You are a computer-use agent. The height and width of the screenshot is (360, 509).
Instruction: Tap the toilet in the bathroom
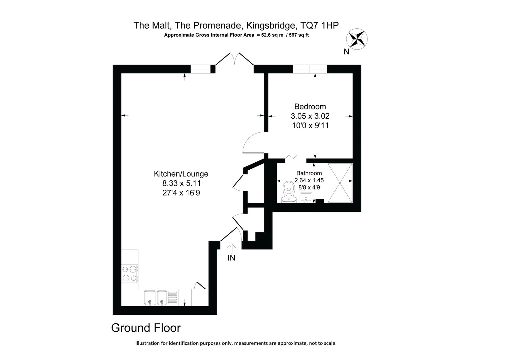(x=289, y=192)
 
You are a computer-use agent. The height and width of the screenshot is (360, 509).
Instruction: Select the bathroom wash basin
(x=306, y=197)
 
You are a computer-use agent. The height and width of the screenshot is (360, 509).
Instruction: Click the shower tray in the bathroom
(x=340, y=183)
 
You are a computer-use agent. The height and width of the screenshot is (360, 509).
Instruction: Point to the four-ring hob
(x=129, y=274)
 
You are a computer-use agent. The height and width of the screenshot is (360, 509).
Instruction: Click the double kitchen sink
(x=156, y=298)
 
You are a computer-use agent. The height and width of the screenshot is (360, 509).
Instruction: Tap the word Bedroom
(x=310, y=106)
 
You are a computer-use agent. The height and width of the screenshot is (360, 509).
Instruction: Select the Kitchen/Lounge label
(x=181, y=174)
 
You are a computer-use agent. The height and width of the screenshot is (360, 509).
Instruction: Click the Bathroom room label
(x=309, y=173)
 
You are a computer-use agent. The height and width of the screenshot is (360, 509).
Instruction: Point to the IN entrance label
(x=231, y=258)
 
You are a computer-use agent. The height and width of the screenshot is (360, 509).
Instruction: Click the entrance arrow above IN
(x=232, y=249)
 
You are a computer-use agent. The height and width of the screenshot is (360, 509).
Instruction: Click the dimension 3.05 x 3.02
(x=310, y=116)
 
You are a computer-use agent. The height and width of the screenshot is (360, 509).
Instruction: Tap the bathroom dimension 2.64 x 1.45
(x=309, y=180)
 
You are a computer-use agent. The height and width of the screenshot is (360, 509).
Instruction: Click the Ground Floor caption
(x=146, y=328)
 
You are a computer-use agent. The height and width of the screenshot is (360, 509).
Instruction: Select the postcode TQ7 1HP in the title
(x=319, y=25)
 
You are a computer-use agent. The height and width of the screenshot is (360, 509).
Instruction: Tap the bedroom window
(x=310, y=69)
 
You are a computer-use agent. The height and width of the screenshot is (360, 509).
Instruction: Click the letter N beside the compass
(x=346, y=52)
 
